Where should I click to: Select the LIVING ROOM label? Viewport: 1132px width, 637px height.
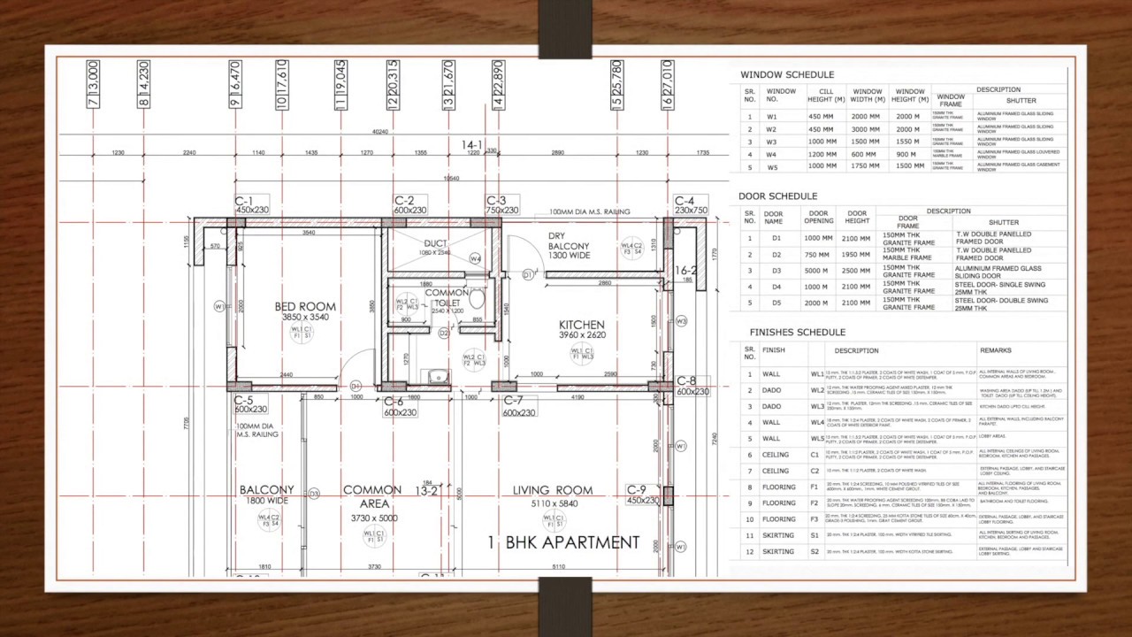tap(553, 490)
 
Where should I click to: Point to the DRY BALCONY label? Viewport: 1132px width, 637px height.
tap(569, 245)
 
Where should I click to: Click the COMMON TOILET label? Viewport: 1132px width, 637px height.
tap(447, 298)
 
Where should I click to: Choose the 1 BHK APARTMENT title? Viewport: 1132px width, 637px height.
tap(563, 542)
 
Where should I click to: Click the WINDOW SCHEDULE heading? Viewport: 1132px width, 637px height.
tap(786, 75)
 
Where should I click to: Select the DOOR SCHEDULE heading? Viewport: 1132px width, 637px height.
tap(777, 196)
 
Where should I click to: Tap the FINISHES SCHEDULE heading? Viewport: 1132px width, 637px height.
tap(797, 333)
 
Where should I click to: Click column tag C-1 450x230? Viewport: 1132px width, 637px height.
tap(251, 205)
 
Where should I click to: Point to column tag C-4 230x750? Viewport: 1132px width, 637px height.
tap(691, 205)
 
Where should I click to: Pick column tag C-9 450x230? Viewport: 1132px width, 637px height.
tap(643, 495)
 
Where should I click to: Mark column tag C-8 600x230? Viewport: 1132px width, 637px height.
tap(692, 386)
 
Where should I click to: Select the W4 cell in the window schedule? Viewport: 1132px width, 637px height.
tap(772, 154)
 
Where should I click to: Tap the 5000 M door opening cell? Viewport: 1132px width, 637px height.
tap(819, 271)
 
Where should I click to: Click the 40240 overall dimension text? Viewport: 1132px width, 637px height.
tap(380, 133)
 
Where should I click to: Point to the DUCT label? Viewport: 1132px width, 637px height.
tap(435, 243)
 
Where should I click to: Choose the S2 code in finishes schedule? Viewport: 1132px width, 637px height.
tap(815, 551)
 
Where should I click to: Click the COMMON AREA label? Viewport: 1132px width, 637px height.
tap(372, 496)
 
